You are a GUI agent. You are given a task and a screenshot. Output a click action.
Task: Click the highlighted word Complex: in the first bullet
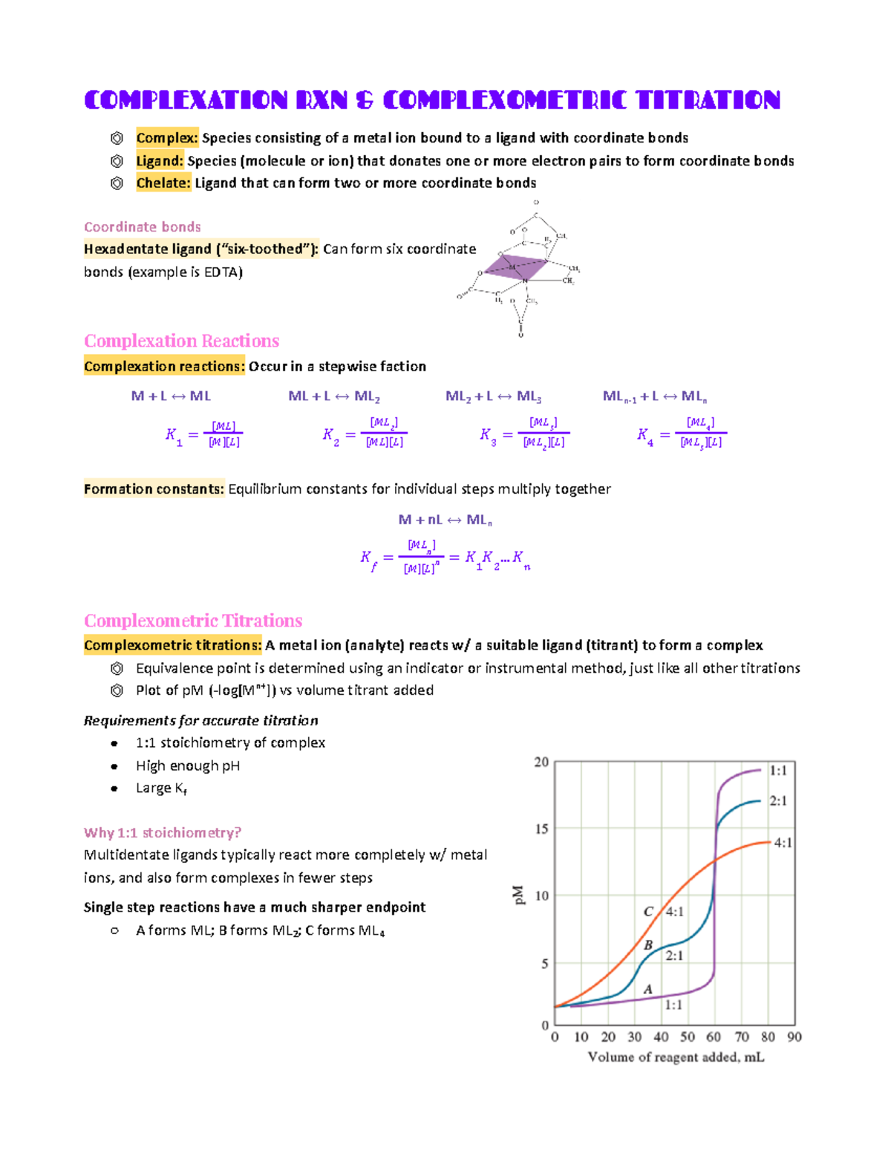tap(167, 138)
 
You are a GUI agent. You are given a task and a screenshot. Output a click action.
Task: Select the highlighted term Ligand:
tap(159, 161)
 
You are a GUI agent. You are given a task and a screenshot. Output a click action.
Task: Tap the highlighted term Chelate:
tap(163, 183)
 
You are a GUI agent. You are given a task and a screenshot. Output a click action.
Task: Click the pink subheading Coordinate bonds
tap(142, 227)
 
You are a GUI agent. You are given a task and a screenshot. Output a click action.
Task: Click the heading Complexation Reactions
tap(181, 341)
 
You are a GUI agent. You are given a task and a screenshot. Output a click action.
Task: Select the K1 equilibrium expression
tap(204, 435)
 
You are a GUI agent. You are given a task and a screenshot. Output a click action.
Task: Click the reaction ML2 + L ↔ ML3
tap(493, 396)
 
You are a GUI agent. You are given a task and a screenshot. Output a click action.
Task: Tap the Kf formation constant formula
tap(445, 558)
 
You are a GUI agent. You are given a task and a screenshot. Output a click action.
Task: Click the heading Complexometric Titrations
tap(193, 621)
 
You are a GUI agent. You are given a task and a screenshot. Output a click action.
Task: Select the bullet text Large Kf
tap(161, 788)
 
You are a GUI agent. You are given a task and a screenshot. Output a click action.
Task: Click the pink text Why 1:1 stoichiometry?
tap(162, 833)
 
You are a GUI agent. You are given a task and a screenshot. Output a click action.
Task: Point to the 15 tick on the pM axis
tap(542, 829)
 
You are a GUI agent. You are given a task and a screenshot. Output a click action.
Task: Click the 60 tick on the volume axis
tap(714, 1037)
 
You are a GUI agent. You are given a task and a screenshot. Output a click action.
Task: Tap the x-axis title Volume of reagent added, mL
tap(676, 1057)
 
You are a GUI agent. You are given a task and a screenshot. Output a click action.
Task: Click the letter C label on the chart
tap(648, 912)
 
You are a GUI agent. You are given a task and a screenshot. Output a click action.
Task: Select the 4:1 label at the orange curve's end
tap(783, 843)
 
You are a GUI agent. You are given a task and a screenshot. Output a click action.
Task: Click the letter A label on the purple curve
tap(647, 989)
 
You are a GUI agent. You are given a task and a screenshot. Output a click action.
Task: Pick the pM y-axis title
tap(519, 895)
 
